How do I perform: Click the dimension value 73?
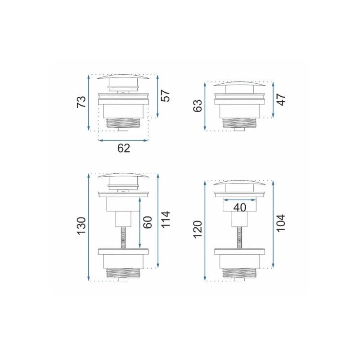[81, 102]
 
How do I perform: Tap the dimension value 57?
[165, 95]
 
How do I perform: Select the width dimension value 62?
[123, 148]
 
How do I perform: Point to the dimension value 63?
[198, 106]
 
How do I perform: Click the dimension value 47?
[281, 99]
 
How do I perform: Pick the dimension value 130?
[81, 226]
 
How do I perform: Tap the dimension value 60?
[148, 222]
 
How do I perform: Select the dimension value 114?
[165, 220]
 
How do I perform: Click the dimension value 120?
[198, 229]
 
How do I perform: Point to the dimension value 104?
[281, 223]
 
